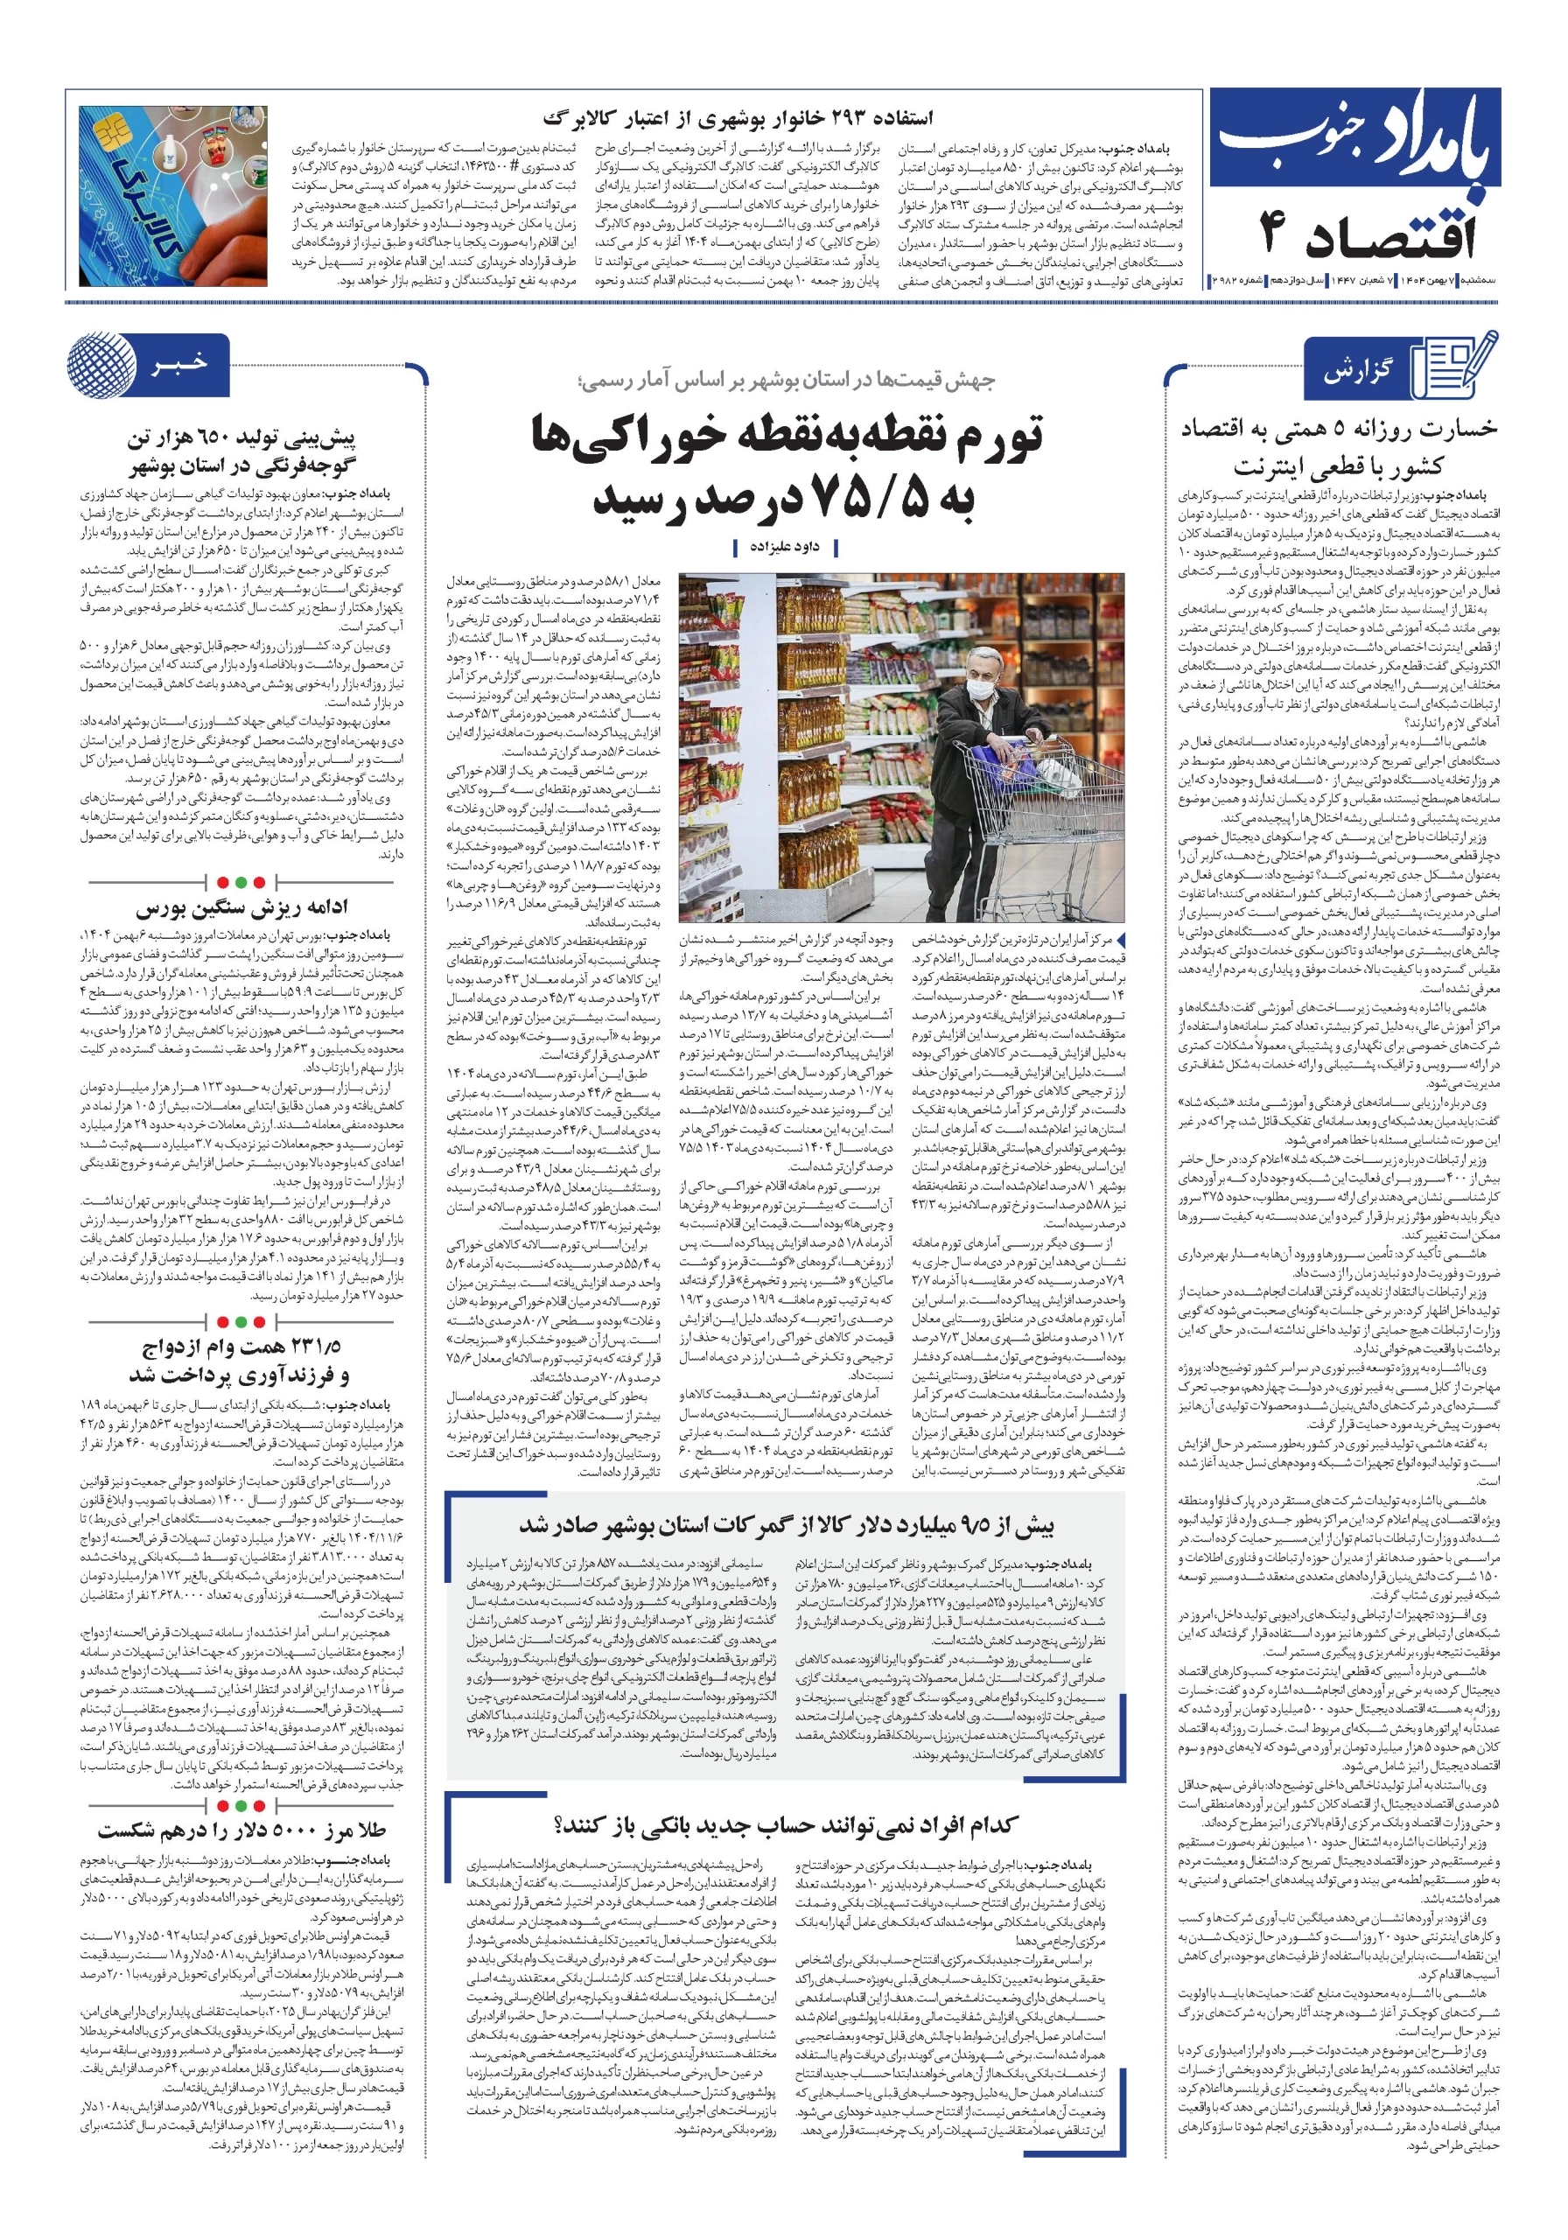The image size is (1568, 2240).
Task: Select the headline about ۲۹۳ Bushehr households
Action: [738, 118]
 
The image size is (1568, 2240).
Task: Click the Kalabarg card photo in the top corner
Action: [173, 195]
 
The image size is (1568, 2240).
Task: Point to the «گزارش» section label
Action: [1357, 372]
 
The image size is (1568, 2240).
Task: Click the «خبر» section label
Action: [179, 364]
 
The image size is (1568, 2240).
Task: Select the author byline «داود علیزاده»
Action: [785, 548]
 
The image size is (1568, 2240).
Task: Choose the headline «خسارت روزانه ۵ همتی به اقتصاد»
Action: [1338, 430]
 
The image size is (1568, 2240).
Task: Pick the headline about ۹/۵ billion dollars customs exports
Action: [786, 1525]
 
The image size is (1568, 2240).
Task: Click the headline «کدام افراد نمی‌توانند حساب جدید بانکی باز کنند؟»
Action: [786, 1824]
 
